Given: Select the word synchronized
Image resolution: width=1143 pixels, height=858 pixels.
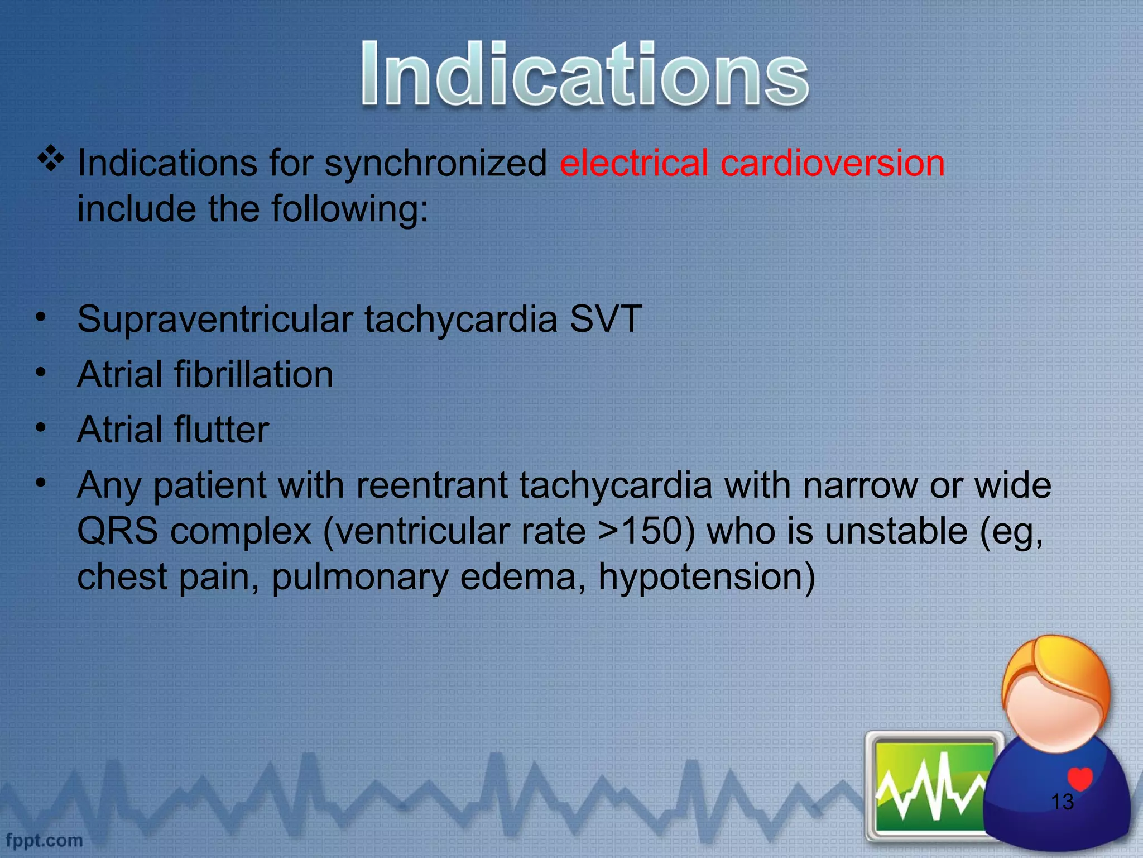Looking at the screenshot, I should [x=435, y=164].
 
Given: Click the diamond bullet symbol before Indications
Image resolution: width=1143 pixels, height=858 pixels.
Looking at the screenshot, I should [x=51, y=159].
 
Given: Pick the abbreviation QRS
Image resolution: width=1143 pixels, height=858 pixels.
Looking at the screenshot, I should [x=117, y=531].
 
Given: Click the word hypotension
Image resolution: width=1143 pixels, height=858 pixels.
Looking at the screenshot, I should [x=706, y=577].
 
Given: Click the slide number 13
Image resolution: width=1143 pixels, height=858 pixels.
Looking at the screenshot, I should [x=1062, y=802].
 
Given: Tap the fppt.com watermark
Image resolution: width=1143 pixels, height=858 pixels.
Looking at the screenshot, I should [x=44, y=840].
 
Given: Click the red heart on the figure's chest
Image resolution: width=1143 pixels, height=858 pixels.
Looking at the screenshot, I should [x=1079, y=778].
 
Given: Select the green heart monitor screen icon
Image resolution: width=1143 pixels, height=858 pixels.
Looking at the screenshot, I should [x=931, y=785].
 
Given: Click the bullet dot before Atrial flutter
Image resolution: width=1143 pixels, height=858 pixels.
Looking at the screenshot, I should [x=40, y=428].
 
